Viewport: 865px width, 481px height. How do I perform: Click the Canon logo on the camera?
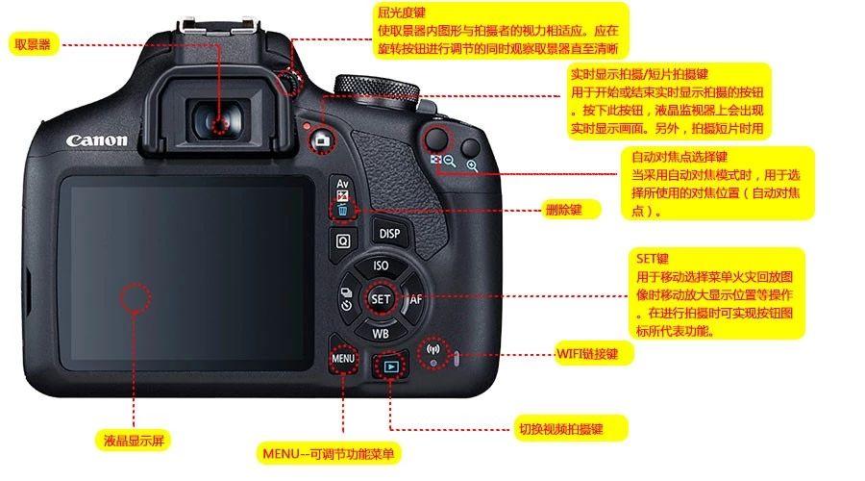point(96,140)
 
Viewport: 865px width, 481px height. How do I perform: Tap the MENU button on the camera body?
point(343,359)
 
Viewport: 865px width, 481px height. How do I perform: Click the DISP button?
point(388,234)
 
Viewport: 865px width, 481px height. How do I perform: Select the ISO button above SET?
point(381,266)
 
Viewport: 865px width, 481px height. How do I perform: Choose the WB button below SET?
point(381,334)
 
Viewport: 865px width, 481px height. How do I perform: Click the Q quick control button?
point(342,240)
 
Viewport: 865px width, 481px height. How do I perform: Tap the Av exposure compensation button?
point(342,185)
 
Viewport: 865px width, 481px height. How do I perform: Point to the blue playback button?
point(390,366)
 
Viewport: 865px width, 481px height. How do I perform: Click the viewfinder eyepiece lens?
point(220,122)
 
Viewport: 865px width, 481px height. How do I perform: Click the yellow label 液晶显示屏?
point(135,442)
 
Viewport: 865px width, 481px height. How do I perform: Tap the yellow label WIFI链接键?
point(594,354)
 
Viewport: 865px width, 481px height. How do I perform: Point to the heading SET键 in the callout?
point(652,260)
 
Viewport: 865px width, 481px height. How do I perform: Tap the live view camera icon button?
point(321,140)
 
